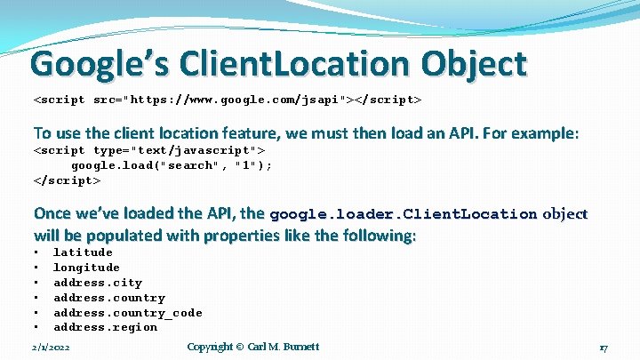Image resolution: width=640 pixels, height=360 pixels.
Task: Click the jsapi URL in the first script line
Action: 248,100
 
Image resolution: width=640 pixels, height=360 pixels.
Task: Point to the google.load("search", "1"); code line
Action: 172,165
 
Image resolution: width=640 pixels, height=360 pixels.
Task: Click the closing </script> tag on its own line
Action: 67,180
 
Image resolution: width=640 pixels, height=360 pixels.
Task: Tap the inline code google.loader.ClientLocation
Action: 403,214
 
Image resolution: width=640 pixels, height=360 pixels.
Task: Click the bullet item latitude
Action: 83,252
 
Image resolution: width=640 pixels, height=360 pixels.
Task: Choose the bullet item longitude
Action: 86,268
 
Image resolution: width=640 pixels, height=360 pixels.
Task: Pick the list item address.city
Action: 98,283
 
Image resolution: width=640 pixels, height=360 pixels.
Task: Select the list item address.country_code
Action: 128,313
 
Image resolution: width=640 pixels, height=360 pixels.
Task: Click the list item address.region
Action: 105,327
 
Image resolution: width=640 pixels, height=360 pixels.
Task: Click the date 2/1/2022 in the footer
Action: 55,347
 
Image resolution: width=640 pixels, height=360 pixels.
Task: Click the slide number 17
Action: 603,348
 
